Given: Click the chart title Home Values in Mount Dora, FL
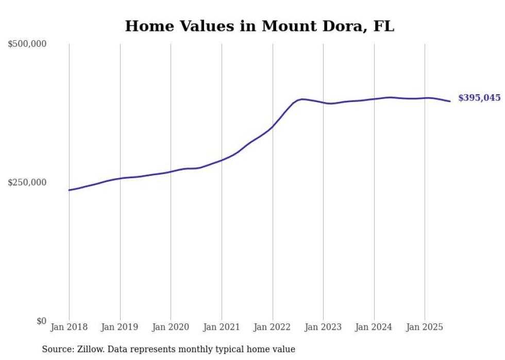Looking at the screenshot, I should [x=259, y=26].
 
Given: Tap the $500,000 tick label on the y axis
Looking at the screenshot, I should [x=27, y=44].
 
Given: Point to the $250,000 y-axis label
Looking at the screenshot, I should [x=27, y=182].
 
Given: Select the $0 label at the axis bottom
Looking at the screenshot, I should [x=42, y=321].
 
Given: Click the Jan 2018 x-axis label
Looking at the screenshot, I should [x=69, y=327].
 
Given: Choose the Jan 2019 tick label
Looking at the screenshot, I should [x=120, y=327].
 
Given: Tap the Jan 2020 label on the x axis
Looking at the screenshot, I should [x=171, y=327].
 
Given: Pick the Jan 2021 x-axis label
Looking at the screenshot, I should [x=222, y=327].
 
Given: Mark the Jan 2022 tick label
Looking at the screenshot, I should [x=273, y=327].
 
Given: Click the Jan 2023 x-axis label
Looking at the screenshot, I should [x=323, y=327].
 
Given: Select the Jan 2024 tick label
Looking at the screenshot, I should [x=374, y=327].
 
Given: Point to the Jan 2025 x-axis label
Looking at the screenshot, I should [x=425, y=327].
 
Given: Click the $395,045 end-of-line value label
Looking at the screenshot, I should [x=479, y=98].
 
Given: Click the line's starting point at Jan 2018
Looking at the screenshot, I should [x=69, y=190].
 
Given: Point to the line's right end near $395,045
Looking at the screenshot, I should [x=450, y=101].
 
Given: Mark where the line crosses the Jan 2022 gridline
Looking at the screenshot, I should [x=273, y=127].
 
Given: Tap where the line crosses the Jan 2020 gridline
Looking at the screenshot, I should [x=171, y=172].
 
